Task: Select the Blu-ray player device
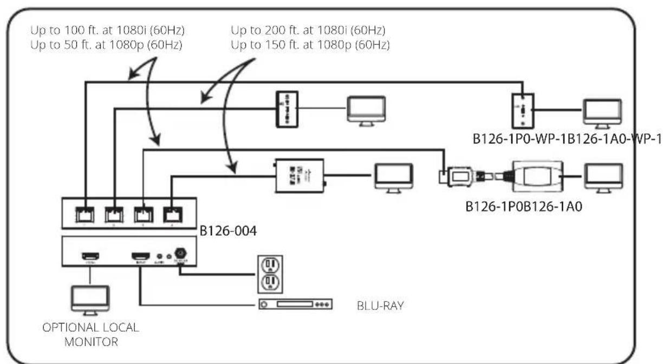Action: click(x=296, y=305)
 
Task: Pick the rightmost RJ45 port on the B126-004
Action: click(x=171, y=215)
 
